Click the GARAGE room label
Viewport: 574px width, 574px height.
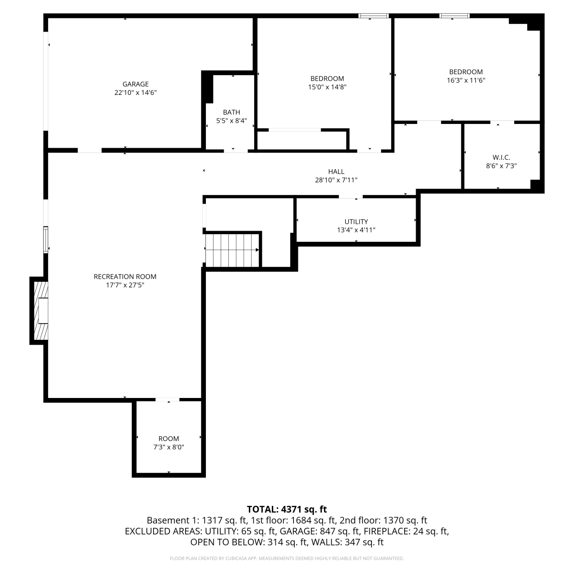click(135, 84)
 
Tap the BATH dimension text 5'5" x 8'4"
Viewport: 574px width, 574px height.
click(232, 121)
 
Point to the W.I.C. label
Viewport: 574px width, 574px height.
click(501, 158)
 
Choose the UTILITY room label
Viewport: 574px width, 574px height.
click(356, 222)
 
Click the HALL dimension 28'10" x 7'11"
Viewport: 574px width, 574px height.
click(336, 180)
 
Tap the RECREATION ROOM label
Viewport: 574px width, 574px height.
click(125, 277)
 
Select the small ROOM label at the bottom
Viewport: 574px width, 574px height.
click(169, 439)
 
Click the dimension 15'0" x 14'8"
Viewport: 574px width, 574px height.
click(327, 87)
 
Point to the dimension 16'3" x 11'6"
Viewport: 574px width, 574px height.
click(466, 80)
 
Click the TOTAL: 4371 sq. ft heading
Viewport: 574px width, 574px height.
click(287, 509)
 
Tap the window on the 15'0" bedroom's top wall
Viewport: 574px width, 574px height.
click(373, 16)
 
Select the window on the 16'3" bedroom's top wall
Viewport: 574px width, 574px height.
click(454, 16)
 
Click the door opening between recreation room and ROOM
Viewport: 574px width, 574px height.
click(167, 400)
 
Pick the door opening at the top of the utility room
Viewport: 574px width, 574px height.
click(351, 197)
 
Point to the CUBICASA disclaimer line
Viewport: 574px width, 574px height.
click(287, 559)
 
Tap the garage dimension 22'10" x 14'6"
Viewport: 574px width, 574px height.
click(135, 93)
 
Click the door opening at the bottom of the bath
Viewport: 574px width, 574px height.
click(236, 151)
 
